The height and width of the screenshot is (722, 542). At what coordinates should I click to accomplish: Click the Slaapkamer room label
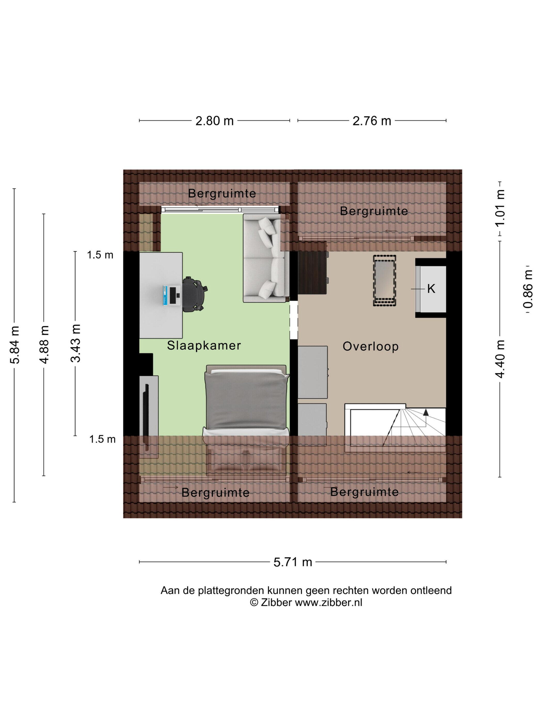click(x=204, y=345)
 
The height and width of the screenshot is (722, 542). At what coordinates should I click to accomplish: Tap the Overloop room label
click(x=370, y=346)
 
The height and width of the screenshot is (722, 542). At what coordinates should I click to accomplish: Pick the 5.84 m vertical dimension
click(x=15, y=345)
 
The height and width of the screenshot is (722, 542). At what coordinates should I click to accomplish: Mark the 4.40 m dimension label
click(x=500, y=359)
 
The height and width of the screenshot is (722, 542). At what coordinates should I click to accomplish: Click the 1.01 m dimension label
click(x=500, y=208)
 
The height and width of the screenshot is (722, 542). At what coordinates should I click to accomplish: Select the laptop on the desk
click(x=172, y=296)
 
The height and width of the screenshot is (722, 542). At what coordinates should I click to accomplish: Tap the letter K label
click(x=431, y=289)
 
